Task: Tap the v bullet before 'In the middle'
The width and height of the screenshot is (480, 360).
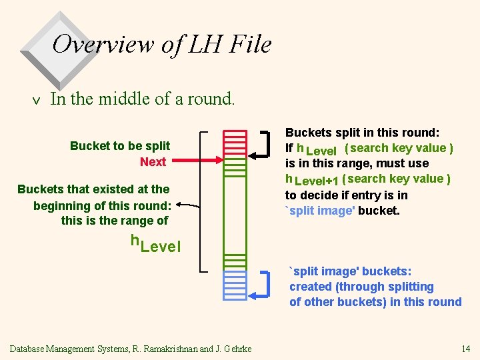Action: [x=37, y=100]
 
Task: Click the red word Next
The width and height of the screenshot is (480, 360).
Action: [x=153, y=161]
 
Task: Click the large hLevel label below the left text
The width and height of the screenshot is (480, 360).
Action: [x=155, y=244]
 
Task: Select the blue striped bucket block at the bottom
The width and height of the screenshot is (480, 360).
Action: [x=235, y=284]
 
